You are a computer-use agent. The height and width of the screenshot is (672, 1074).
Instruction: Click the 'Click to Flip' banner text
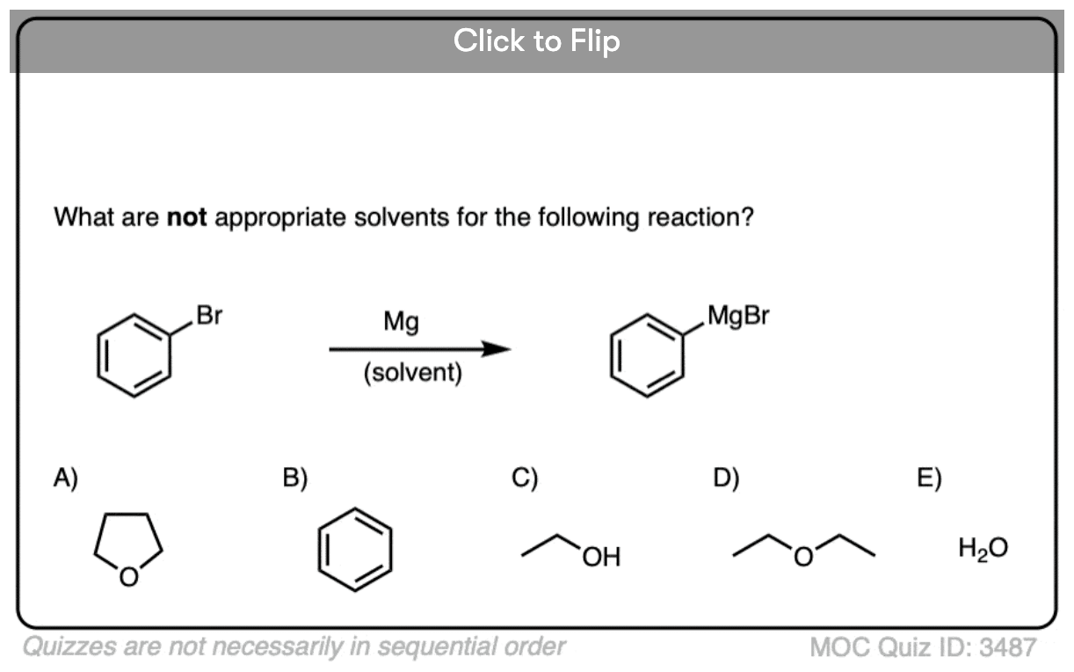[x=536, y=40]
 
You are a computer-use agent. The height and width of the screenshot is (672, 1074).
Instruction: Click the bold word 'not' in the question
[x=186, y=217]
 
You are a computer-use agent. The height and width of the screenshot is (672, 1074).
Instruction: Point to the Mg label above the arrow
[x=401, y=323]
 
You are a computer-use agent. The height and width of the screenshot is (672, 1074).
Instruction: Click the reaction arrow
[x=419, y=349]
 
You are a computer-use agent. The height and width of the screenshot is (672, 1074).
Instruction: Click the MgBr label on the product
[x=737, y=316]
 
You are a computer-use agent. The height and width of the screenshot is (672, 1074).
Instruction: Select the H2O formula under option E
[x=983, y=549]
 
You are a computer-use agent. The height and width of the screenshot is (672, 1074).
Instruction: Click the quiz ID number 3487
[x=1008, y=648]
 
